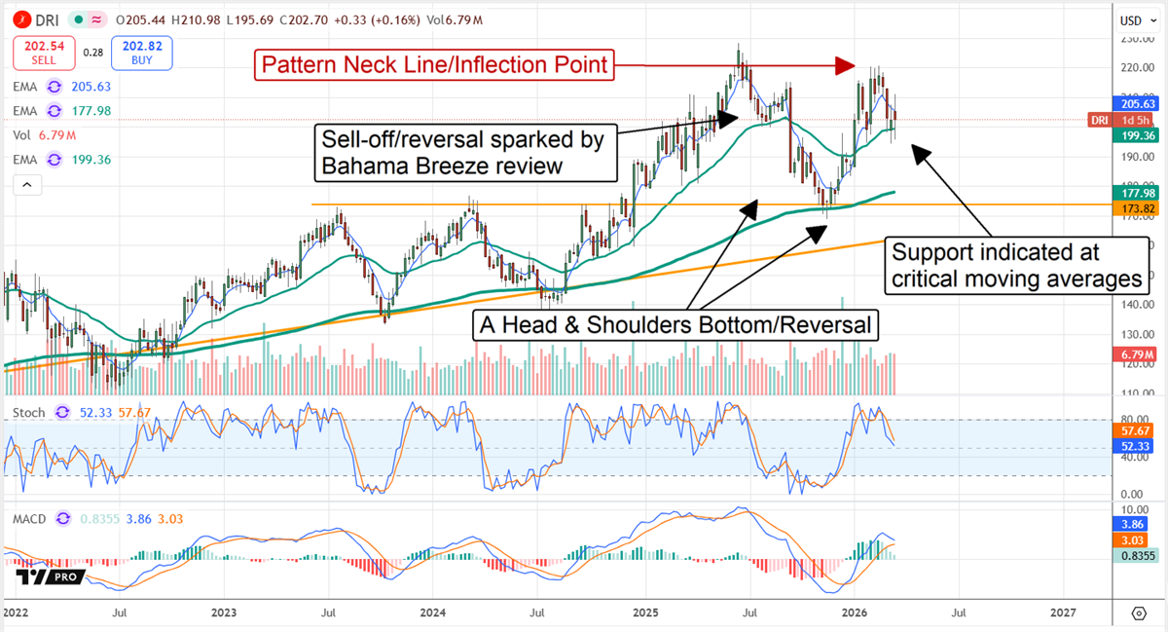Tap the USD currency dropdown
coord(1131,20)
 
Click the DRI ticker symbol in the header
coord(47,20)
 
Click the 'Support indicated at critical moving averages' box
coord(1016,266)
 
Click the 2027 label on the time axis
coord(1063,613)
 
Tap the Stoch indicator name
coord(29,413)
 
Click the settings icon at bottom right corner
coord(1138,613)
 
